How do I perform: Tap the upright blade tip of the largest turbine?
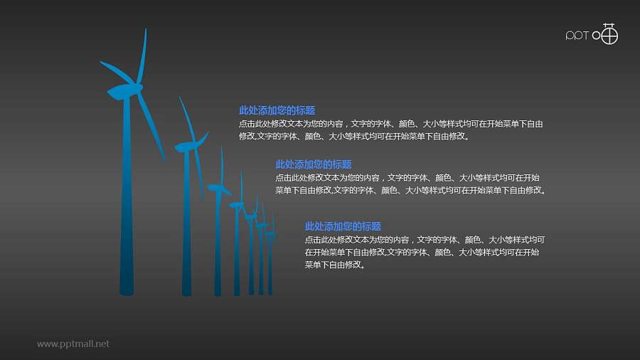coord(145,32)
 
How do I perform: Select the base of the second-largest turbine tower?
coord(186,291)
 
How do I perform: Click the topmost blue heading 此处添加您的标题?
coord(277,110)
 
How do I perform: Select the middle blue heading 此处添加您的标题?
coord(313,164)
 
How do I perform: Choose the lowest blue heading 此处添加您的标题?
coord(343,226)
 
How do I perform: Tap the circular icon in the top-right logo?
coord(609,34)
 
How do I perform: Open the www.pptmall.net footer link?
coord(73,344)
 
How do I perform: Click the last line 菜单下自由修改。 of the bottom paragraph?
coord(334,265)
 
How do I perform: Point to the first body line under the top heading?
coord(391,124)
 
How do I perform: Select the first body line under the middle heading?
coord(407,177)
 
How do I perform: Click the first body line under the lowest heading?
coord(425,240)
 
